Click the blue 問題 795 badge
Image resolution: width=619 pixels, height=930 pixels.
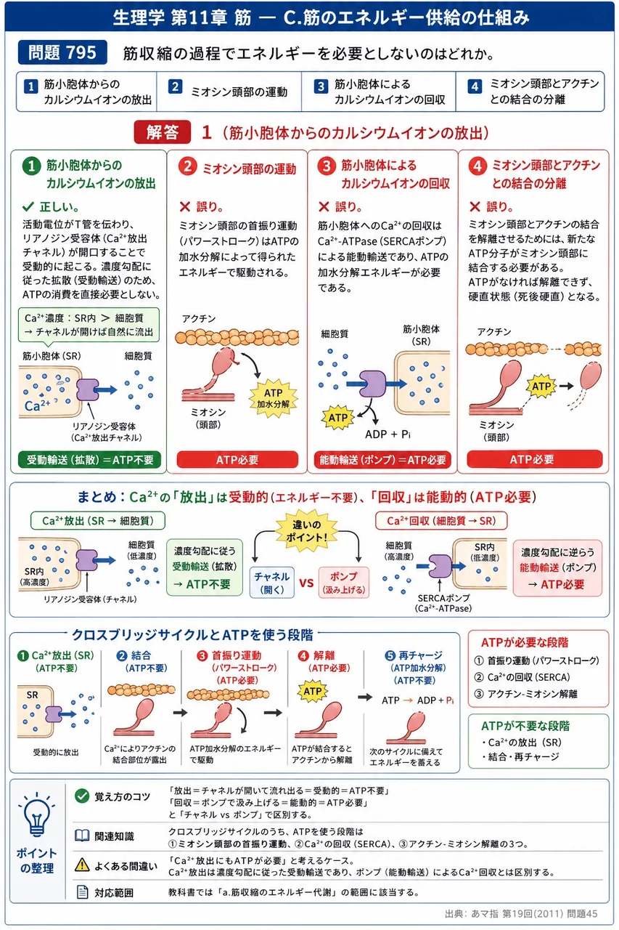pos(62,52)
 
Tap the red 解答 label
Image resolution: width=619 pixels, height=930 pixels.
pos(162,132)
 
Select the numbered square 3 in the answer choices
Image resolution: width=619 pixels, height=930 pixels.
pos(321,86)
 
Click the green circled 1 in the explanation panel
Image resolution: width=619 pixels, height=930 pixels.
pos(31,166)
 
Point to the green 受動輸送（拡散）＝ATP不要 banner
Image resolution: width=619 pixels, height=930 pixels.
pos(89,460)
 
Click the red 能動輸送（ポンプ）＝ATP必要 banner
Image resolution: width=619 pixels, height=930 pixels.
pos(382,460)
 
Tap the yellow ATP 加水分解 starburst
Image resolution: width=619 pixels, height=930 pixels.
pos(274,398)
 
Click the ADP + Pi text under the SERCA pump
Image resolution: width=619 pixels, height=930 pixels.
pos(388,434)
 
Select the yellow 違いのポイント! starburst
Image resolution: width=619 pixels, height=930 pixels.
pos(306,530)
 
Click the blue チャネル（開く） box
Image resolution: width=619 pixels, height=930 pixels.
pos(272,582)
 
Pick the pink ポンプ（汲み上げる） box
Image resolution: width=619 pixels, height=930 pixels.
pos(343,582)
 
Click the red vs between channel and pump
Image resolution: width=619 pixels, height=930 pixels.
pos(306,583)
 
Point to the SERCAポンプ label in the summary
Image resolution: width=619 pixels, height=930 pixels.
pos(443,598)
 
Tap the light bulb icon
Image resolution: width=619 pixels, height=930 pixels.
pos(36,814)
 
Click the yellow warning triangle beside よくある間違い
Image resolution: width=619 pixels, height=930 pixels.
pos(82,865)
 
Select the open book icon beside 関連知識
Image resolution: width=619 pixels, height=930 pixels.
pos(82,836)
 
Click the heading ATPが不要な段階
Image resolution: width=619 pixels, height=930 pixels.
pos(525,726)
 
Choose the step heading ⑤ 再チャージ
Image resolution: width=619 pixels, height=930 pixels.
pos(414,655)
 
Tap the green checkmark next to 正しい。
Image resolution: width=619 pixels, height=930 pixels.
pos(28,206)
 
